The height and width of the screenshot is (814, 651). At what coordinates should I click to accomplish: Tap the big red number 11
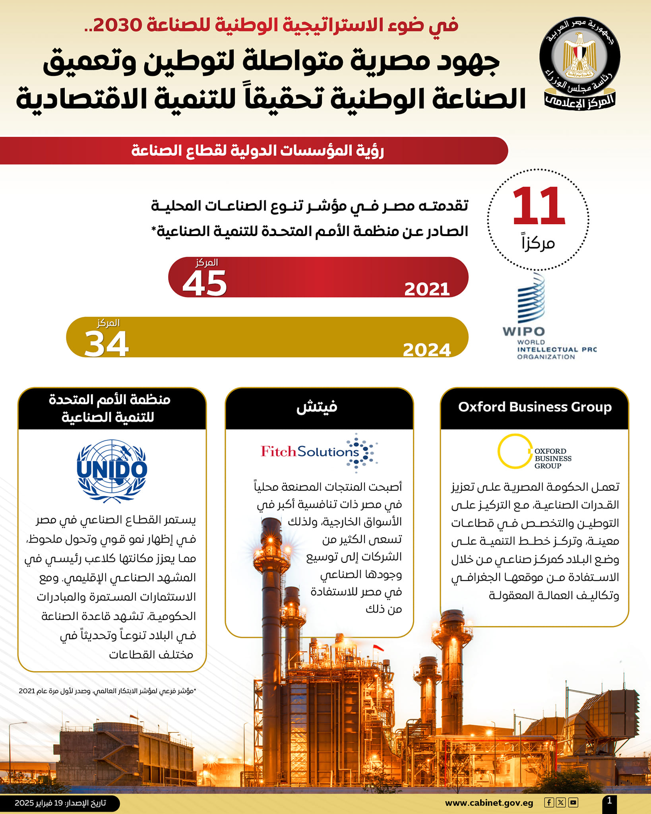pos(539,206)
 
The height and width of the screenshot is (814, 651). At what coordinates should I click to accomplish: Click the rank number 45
pos(205,283)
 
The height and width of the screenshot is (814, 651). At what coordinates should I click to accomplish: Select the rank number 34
pos(107,344)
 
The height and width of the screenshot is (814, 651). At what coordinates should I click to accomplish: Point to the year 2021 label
pos(427,289)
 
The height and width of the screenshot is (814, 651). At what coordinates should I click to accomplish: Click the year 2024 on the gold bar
pos(427,350)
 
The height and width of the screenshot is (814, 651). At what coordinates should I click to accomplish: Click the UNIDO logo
pos(112,470)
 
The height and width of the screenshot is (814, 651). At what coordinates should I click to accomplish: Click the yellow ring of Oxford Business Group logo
pos(514,451)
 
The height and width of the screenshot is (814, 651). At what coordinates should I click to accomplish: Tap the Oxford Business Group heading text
pos(535,407)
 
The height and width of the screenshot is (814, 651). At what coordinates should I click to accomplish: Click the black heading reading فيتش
pos(317,407)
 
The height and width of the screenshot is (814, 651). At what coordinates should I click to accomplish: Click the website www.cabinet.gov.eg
pos(489,802)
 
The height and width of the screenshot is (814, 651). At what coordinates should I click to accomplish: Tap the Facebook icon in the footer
pos(549,802)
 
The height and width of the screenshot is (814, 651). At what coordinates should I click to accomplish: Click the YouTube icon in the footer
pos(573,802)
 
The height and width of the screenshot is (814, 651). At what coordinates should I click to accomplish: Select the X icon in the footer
pos(561,802)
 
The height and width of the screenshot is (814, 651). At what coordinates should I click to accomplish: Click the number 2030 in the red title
pos(118,25)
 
